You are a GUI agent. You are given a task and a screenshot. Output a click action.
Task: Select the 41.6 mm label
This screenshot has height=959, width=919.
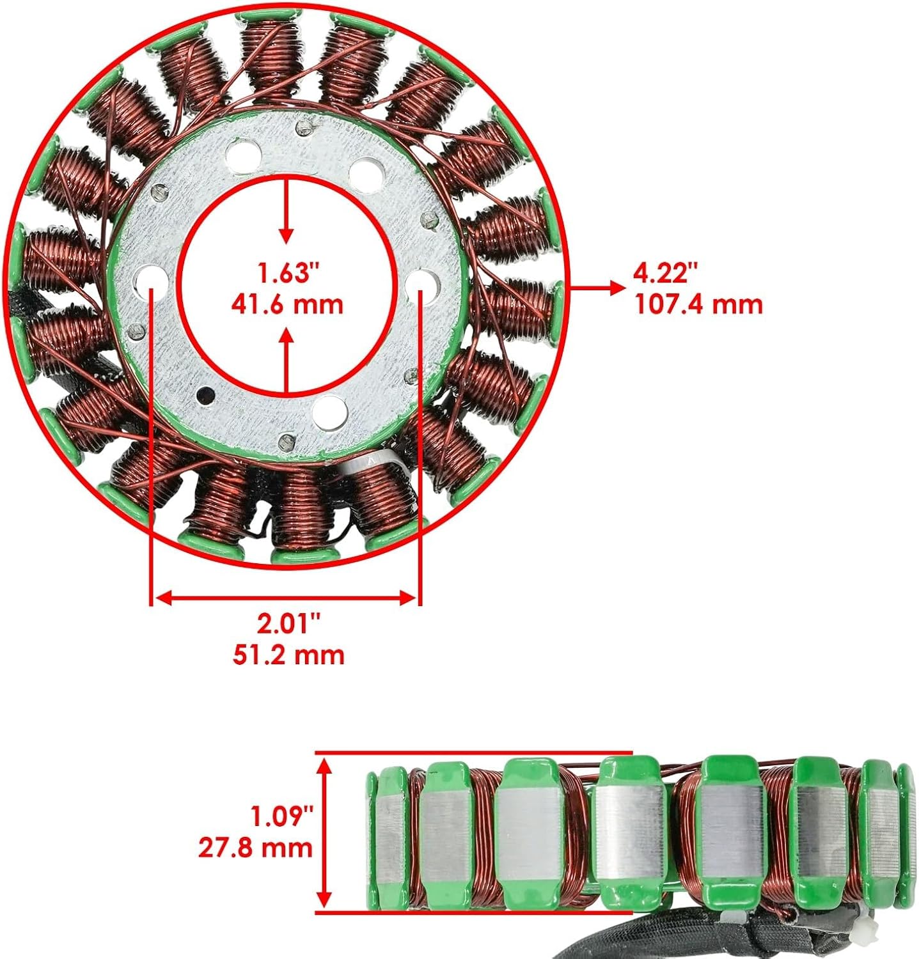(287, 303)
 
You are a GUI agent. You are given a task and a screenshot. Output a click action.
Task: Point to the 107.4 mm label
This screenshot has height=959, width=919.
(698, 304)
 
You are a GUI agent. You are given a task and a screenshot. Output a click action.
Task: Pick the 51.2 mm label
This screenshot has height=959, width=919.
(288, 654)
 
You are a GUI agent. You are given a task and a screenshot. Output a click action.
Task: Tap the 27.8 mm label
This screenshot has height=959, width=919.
(255, 848)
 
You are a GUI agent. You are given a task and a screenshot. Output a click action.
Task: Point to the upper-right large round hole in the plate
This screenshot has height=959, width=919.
(364, 171)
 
